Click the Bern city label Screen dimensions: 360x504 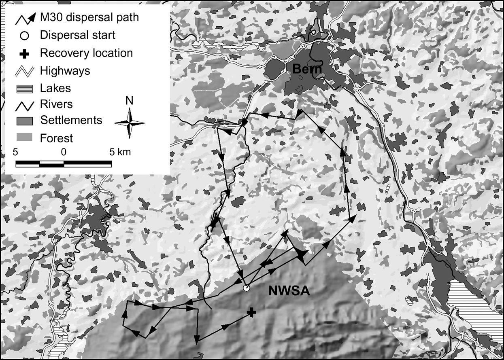[x=307, y=69]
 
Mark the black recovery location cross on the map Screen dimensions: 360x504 [x=252, y=311]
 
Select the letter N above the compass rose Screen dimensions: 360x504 [x=129, y=101]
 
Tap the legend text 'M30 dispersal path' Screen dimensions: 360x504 [x=89, y=17]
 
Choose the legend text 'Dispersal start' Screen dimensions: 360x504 [x=78, y=35]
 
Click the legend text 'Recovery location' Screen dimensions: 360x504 [x=86, y=53]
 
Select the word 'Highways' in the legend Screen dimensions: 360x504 [x=65, y=71]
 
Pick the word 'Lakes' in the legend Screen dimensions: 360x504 [x=55, y=88]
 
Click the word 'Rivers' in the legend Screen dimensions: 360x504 [x=56, y=104]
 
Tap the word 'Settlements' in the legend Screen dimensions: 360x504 [x=71, y=120]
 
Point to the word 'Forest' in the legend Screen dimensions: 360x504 [x=56, y=138]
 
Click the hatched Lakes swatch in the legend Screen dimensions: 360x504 [x=24, y=88]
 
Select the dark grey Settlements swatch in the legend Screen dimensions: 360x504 [x=24, y=121]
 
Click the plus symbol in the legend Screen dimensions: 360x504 [x=24, y=53]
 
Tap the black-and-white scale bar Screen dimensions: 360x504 [x=64, y=163]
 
